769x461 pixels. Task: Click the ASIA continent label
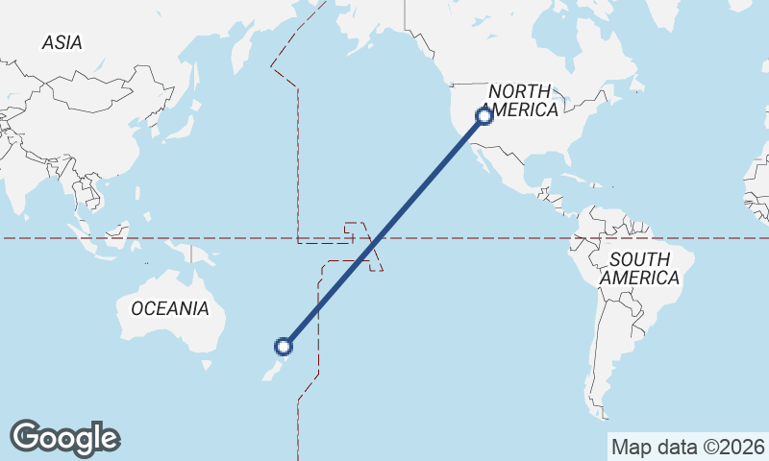point(62,42)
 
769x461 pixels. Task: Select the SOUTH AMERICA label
point(639,268)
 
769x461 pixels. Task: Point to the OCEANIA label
point(169,308)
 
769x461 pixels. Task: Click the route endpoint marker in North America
point(484,116)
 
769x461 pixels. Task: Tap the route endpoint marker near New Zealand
point(284,346)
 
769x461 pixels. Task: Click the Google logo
point(64,438)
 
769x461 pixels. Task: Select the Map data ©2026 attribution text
point(688,447)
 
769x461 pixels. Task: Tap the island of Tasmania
point(204,365)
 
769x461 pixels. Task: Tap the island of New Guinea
point(192,254)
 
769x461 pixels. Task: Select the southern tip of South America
point(603,414)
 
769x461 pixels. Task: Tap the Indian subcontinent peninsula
point(40,182)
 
